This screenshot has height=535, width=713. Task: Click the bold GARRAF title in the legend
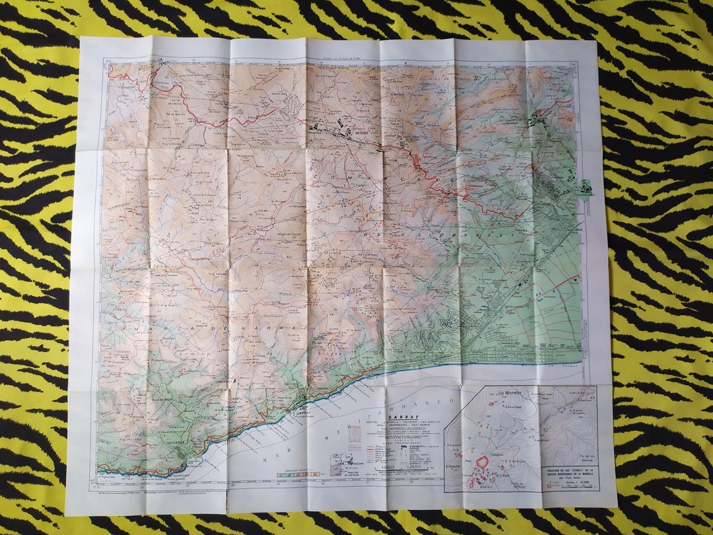point(403,417)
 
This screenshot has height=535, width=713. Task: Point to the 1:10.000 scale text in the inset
point(570,485)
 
